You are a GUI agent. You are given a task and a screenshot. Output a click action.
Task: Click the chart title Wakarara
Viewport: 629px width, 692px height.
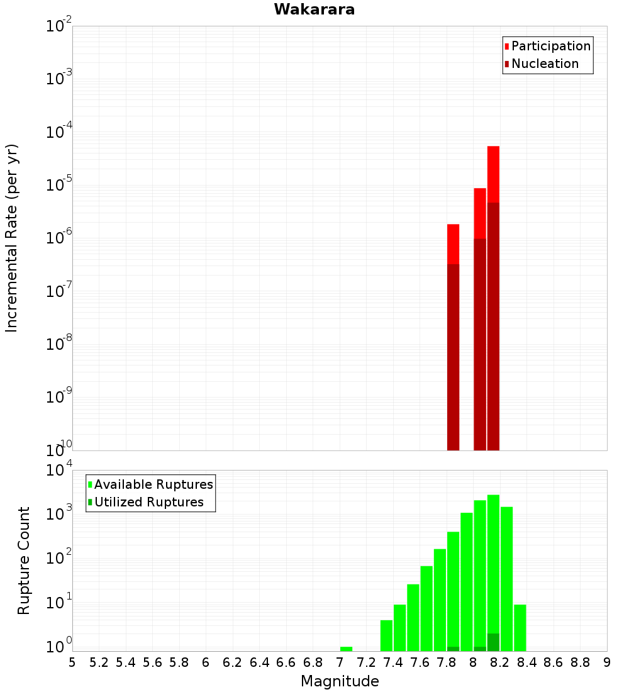[x=314, y=9]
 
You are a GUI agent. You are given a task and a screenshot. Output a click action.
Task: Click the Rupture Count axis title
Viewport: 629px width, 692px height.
[x=24, y=561]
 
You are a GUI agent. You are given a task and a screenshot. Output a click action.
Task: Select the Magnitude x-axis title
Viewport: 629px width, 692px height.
[x=340, y=681]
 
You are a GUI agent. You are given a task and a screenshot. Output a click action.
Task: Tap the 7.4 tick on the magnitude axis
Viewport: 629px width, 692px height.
[x=393, y=662]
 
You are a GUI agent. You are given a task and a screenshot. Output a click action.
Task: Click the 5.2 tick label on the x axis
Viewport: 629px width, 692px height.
[x=99, y=662]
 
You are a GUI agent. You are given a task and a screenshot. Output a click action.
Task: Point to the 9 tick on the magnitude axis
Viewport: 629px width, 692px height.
[x=607, y=662]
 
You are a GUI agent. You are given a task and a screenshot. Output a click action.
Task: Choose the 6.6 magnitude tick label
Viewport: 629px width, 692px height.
[x=286, y=662]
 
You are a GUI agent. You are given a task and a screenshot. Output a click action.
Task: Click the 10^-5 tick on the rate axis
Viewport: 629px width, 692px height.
[x=58, y=185]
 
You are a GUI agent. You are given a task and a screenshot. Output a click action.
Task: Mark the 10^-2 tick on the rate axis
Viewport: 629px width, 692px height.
[x=58, y=26]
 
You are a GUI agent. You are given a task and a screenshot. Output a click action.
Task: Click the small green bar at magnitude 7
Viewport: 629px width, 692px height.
[x=346, y=649]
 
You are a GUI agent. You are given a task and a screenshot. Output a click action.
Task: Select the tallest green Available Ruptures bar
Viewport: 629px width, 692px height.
[x=493, y=566]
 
